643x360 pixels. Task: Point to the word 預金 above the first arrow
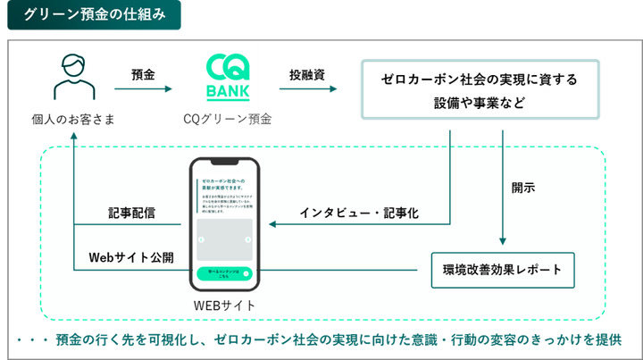pyautogui.click(x=143, y=74)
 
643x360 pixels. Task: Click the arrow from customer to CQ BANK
pyautogui.click(x=145, y=89)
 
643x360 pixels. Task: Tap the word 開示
pyautogui.click(x=523, y=188)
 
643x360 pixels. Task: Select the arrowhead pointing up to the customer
pyautogui.click(x=73, y=137)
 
